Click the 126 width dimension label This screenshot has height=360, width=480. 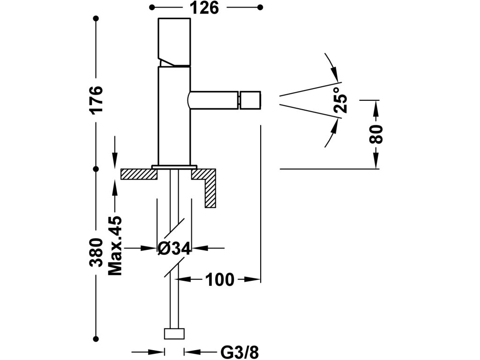(205, 7)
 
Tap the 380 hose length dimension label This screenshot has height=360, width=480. (97, 252)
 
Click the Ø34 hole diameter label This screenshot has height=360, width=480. (174, 248)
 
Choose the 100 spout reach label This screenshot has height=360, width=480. (220, 279)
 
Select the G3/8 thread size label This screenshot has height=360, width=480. (240, 352)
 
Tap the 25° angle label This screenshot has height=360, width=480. (341, 100)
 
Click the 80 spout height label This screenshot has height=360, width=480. (376, 134)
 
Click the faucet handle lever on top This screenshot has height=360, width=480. (174, 42)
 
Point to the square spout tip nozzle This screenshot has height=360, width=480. (249, 100)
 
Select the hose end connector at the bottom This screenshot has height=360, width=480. (174, 334)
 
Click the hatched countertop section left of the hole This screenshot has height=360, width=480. (139, 174)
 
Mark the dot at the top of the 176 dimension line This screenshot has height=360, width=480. (97, 19)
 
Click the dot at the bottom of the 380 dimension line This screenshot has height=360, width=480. (97, 338)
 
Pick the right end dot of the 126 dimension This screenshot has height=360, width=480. (260, 7)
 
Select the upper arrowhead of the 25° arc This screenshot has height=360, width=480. (336, 75)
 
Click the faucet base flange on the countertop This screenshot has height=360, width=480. (174, 167)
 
